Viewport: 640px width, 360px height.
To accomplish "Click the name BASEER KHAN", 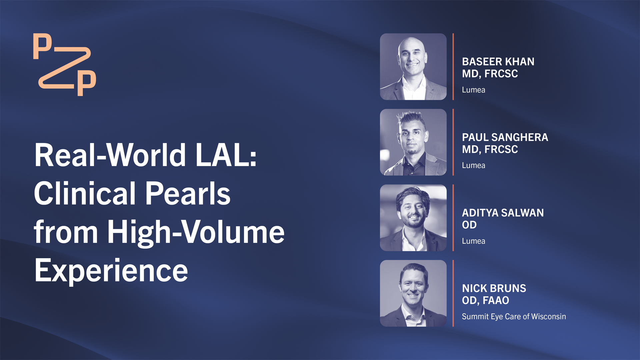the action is point(498,62).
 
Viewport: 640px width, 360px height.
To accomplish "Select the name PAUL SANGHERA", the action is point(505,137).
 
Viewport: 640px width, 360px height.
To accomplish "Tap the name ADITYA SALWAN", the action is point(503,213).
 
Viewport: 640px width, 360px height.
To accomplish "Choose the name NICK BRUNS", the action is point(494,288).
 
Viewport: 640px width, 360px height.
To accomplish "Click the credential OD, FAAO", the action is point(485,301).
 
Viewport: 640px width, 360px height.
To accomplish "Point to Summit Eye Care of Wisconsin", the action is point(514,316).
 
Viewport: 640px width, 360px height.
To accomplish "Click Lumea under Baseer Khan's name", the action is point(473,90).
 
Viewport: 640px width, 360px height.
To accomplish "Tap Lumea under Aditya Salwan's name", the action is point(473,241).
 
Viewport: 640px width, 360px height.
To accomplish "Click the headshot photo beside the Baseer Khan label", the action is point(413,67).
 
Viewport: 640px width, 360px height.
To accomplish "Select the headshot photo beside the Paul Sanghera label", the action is point(413,142).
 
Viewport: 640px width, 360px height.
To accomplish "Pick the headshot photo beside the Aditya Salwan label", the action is point(413,218).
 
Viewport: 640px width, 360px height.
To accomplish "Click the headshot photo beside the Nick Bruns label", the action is point(413,293).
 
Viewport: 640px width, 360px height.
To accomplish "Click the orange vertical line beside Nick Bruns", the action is point(453,293).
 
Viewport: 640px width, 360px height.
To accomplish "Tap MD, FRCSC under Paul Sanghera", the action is point(490,150).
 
